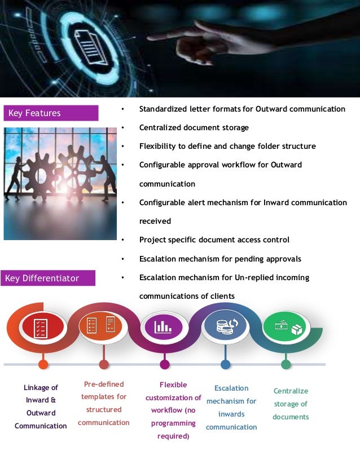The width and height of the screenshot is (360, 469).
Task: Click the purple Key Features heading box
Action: [51, 113]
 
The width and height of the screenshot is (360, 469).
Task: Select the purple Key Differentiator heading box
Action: [48, 278]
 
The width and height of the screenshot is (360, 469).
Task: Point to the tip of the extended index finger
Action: [151, 37]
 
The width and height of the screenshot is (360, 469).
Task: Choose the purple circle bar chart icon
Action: [164, 326]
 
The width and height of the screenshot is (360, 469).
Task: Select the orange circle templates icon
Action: [102, 326]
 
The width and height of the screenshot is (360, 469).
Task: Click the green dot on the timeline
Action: [286, 364]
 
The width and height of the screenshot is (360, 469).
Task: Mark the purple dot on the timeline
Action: [165, 364]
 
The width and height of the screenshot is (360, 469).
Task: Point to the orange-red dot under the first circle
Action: [43, 364]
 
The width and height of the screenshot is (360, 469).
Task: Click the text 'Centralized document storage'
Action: [194, 127]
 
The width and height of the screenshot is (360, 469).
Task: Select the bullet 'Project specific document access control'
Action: [214, 240]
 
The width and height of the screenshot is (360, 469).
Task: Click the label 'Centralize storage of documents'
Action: [291, 404]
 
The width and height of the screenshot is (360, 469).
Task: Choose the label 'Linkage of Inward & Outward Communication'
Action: [41, 406]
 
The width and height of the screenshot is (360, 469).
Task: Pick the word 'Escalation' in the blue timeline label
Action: [231, 388]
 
